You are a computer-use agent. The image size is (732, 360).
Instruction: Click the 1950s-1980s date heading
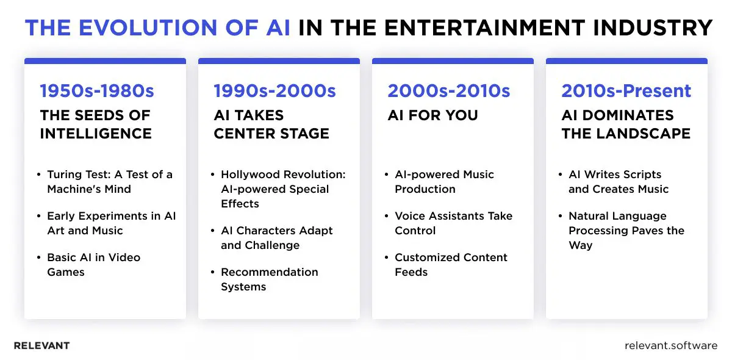click(x=97, y=92)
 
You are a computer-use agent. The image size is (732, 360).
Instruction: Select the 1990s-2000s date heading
click(x=274, y=92)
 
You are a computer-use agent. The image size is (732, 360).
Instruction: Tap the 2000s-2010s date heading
click(x=449, y=92)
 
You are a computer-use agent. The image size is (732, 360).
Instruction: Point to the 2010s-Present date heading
click(x=626, y=92)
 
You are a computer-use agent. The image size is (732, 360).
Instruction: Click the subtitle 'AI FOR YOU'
click(x=432, y=115)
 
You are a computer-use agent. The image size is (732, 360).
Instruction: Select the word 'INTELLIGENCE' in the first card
click(x=96, y=134)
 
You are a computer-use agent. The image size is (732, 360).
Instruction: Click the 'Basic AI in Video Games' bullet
click(x=93, y=265)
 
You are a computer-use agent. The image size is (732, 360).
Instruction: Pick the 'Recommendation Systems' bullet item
click(x=269, y=279)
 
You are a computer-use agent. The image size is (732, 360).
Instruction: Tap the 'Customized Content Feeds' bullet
click(x=451, y=265)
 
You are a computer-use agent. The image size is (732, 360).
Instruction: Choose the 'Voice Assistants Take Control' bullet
click(x=453, y=223)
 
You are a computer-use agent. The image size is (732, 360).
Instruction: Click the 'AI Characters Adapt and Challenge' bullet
click(x=276, y=238)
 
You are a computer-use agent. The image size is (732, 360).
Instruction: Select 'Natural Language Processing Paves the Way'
click(x=626, y=231)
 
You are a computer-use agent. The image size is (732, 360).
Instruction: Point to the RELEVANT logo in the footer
click(x=41, y=346)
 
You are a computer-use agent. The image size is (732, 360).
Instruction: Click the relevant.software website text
click(x=671, y=346)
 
